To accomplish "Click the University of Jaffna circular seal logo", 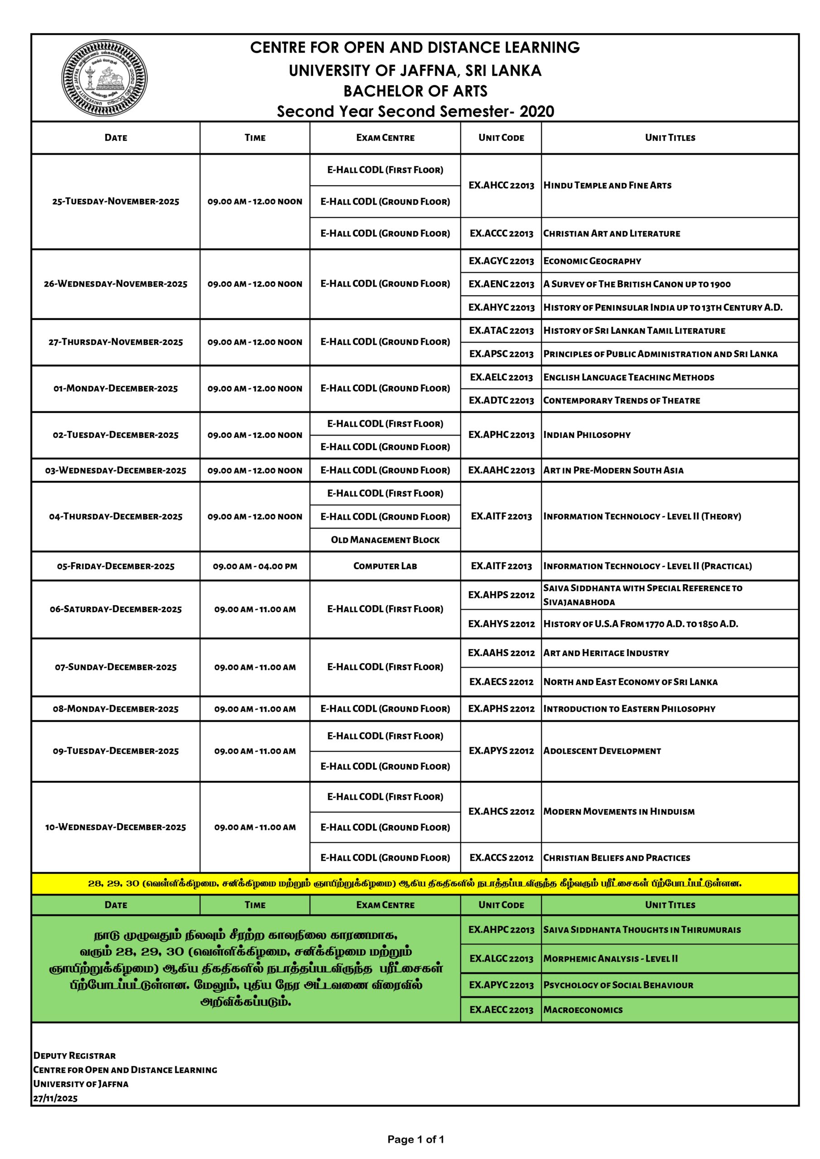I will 105,78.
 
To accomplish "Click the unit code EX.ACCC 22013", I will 501,233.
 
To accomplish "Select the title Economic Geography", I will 592,261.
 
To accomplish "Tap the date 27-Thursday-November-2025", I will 116,342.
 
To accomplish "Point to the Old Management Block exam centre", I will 385,540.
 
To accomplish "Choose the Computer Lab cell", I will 385,566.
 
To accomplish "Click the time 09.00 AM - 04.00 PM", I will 255,566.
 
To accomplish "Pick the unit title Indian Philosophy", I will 587,435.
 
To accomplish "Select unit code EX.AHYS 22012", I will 501,624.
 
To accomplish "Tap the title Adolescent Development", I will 602,751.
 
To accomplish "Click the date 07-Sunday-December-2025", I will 116,667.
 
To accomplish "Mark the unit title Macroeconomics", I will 583,1010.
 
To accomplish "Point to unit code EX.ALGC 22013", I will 501,958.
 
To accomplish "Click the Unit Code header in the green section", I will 501,905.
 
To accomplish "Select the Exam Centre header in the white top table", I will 385,138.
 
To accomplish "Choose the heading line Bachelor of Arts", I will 415,91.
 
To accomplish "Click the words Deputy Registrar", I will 67,1055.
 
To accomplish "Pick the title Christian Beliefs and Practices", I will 617,857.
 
